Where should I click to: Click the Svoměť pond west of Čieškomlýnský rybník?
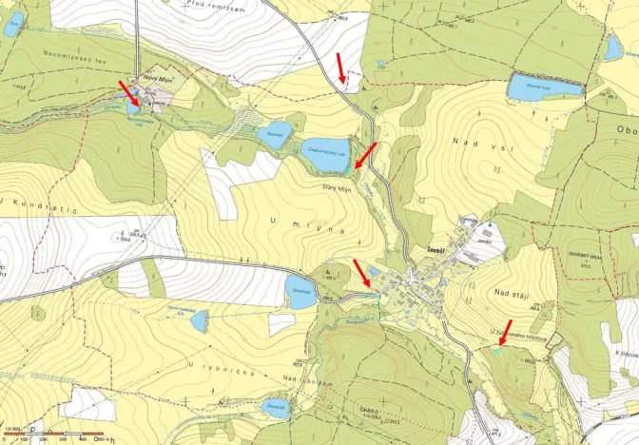275,133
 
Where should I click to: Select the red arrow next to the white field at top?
343,69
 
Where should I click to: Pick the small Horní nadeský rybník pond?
199,321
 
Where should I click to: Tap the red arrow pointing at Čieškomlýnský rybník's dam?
365,155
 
